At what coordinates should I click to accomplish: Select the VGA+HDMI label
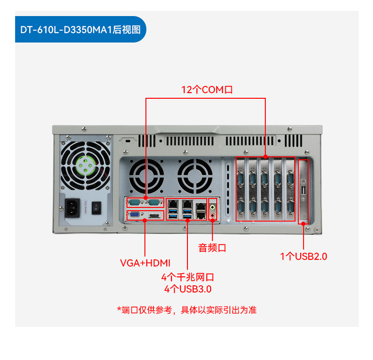pyautogui.click(x=145, y=263)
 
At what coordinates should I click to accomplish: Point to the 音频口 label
pyautogui.click(x=212, y=248)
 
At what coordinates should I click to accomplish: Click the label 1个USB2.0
pyautogui.click(x=304, y=257)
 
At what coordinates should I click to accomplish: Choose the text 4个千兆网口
pyautogui.click(x=187, y=277)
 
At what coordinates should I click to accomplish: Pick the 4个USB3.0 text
pyautogui.click(x=187, y=288)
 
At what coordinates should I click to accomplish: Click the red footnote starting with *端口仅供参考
pyautogui.click(x=186, y=310)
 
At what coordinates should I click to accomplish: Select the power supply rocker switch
pyautogui.click(x=97, y=207)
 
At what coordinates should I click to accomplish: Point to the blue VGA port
pyautogui.click(x=134, y=216)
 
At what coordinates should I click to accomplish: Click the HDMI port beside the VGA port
pyautogui.click(x=153, y=216)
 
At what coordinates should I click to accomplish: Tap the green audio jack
pyautogui.click(x=213, y=206)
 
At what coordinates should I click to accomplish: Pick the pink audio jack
pyautogui.click(x=213, y=216)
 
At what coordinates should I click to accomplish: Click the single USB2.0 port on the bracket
pyautogui.click(x=303, y=190)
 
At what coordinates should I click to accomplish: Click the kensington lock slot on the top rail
pyautogui.click(x=127, y=141)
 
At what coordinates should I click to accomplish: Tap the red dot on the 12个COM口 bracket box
pyautogui.click(x=265, y=156)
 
